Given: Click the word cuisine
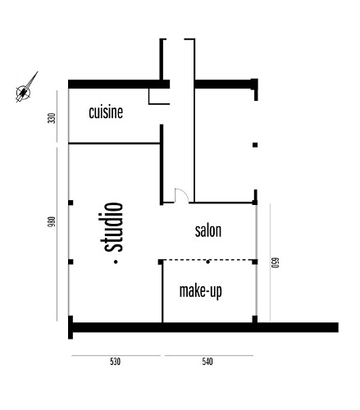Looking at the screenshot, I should click(106, 112).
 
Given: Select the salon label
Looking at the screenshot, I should click(208, 230).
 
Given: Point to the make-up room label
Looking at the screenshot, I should click(201, 290).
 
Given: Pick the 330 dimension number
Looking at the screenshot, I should click(52, 117).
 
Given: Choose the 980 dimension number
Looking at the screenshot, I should click(52, 221).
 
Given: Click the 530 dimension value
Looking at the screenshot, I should click(115, 362).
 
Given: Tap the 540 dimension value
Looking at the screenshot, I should click(207, 362).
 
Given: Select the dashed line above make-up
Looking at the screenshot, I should click(189, 261).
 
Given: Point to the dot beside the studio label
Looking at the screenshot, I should click(116, 262).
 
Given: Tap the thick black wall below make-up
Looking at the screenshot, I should click(205, 327).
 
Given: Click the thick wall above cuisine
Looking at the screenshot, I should click(115, 84).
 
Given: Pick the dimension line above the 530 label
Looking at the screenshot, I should click(115, 355).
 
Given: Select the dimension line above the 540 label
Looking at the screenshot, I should click(208, 355).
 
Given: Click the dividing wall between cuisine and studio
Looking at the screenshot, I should click(115, 143).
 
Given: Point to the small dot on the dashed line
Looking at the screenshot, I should click(208, 261).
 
